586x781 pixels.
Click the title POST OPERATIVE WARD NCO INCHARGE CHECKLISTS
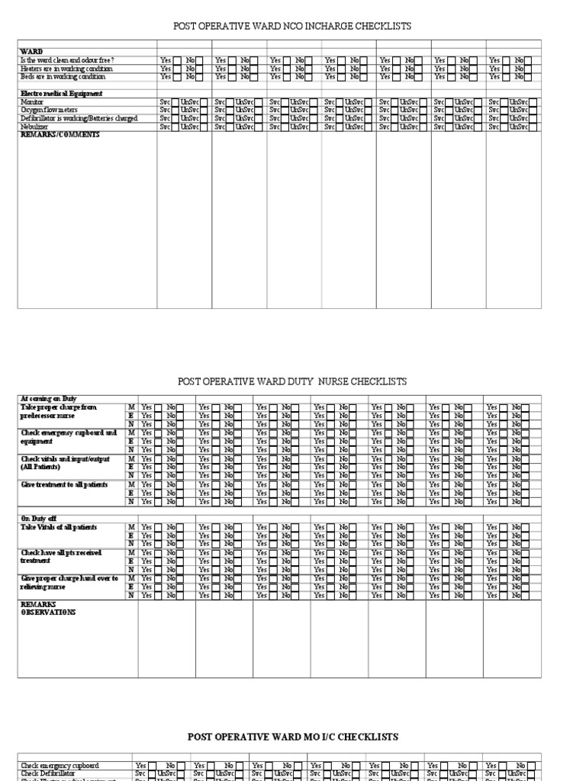pyautogui.click(x=292, y=26)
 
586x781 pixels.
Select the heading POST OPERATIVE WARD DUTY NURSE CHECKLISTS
pyautogui.click(x=292, y=381)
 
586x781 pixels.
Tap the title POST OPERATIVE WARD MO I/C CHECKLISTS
pyautogui.click(x=293, y=737)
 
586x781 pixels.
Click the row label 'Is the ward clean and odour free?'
pyautogui.click(x=67, y=59)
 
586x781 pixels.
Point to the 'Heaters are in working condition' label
pyautogui.click(x=66, y=68)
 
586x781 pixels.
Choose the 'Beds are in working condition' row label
pyautogui.click(x=63, y=76)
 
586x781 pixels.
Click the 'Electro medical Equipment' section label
pyautogui.click(x=62, y=93)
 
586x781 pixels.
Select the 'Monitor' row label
pyautogui.click(x=32, y=101)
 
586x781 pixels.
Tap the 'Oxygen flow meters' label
pyautogui.click(x=50, y=110)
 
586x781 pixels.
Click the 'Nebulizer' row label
pyautogui.click(x=34, y=127)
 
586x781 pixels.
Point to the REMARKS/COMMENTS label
pyautogui.click(x=60, y=135)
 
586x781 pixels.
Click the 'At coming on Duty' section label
pyautogui.click(x=49, y=399)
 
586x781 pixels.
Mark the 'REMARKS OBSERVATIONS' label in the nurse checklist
pyautogui.click(x=48, y=608)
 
